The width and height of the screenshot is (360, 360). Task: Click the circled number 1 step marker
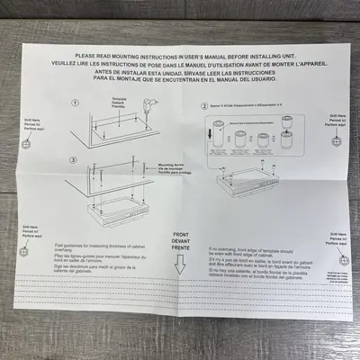tap(76, 128)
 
